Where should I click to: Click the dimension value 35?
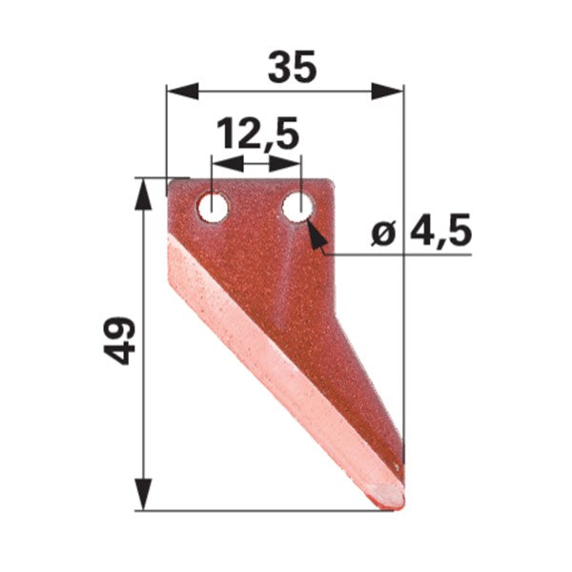click(x=292, y=68)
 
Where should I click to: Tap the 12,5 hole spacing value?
click(x=258, y=133)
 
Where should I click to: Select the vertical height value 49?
click(x=119, y=341)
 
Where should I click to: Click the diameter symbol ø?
click(x=384, y=234)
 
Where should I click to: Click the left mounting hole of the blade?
click(x=213, y=208)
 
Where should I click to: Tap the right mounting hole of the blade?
click(x=297, y=208)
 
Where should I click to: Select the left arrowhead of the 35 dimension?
click(x=182, y=91)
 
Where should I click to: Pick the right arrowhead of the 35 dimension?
click(x=387, y=91)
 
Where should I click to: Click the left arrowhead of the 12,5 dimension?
click(x=228, y=163)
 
